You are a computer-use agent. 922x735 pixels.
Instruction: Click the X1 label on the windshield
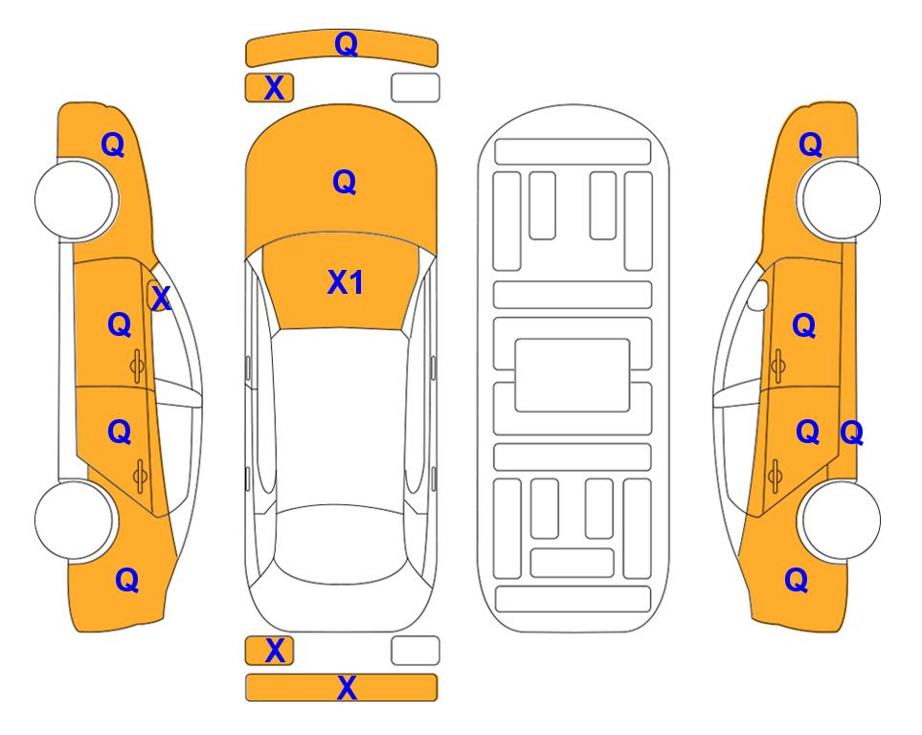point(346,282)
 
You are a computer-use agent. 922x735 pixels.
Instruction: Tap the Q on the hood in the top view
point(345,182)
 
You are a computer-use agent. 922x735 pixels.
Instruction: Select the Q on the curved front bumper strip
point(347,43)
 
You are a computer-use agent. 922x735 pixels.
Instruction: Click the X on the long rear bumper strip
point(347,687)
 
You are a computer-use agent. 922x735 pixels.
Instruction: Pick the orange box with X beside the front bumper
point(269,88)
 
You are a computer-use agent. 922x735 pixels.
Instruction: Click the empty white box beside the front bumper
point(416,88)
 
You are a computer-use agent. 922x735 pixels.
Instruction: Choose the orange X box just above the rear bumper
point(269,651)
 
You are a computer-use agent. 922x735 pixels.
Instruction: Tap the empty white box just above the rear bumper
point(416,651)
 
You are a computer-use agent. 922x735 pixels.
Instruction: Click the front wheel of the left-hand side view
point(74,200)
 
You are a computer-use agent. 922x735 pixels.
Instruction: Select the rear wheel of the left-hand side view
point(74,520)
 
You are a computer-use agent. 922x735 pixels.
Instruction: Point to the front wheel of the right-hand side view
point(841,200)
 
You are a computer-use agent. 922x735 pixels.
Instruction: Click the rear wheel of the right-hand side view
point(841,520)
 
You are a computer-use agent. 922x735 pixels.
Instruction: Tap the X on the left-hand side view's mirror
point(161,299)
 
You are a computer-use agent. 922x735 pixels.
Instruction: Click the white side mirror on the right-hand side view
point(757,295)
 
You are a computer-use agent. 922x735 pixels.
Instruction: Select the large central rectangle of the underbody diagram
point(573,375)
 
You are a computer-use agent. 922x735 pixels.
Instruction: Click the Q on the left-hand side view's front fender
point(113,145)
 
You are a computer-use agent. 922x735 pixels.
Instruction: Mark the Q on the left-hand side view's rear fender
point(127,580)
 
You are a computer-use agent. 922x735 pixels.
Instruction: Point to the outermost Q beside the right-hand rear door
point(851,434)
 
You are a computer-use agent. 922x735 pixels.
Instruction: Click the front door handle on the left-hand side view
point(137,367)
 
